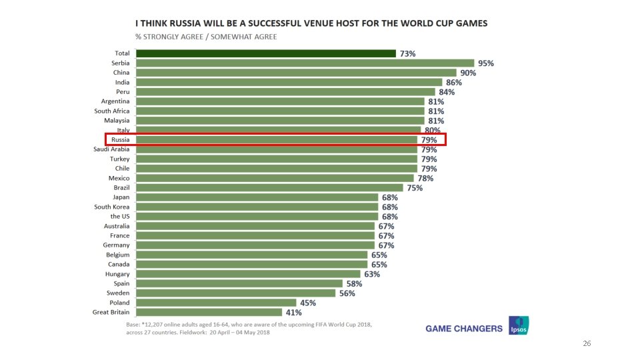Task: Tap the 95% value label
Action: click(x=486, y=63)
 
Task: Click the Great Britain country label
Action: click(x=111, y=312)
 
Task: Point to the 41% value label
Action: click(x=294, y=312)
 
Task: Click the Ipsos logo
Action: click(x=519, y=325)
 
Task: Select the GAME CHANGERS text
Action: click(x=464, y=329)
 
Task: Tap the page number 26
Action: click(x=587, y=343)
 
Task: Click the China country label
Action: click(x=121, y=73)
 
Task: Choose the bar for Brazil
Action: click(x=269, y=188)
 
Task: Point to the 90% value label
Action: click(x=468, y=73)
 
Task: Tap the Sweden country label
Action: click(x=118, y=293)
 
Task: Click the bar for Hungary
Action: click(x=247, y=274)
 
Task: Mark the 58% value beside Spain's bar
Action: click(x=353, y=283)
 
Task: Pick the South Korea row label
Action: click(x=111, y=207)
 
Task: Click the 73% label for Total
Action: click(x=408, y=53)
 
